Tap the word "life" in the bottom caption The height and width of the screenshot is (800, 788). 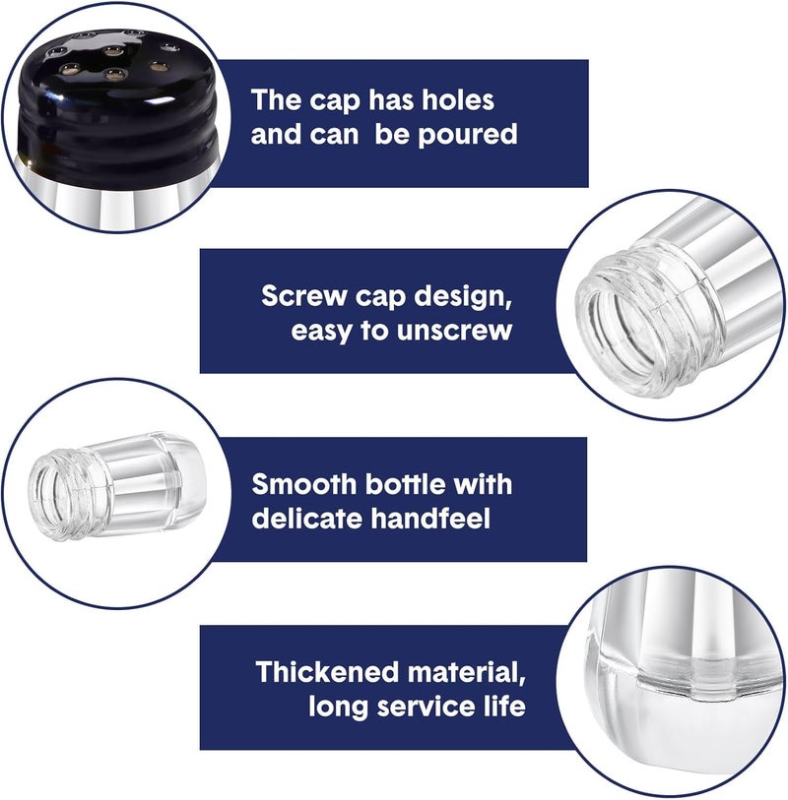coord(502,707)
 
